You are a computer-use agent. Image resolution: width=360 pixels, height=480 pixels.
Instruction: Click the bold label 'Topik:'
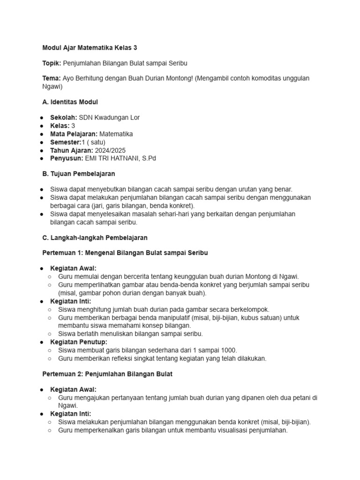(52, 63)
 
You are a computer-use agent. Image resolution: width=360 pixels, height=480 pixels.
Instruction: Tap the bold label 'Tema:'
(52, 78)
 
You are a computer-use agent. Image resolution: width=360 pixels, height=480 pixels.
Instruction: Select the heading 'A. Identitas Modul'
(70, 101)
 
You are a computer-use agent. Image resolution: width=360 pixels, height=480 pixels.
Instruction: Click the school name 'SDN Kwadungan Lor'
(109, 117)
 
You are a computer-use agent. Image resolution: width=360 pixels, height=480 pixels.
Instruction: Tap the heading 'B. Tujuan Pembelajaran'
(79, 174)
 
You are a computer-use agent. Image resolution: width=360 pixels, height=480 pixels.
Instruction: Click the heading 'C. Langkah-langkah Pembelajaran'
(95, 238)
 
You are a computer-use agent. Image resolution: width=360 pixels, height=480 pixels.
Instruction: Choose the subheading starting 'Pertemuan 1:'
(125, 253)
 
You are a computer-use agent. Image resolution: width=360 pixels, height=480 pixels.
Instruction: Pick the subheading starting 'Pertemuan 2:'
(107, 374)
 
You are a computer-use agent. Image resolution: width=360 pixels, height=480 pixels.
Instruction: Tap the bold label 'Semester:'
(66, 142)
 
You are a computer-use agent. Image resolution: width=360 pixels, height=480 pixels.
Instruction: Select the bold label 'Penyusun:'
(67, 158)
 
